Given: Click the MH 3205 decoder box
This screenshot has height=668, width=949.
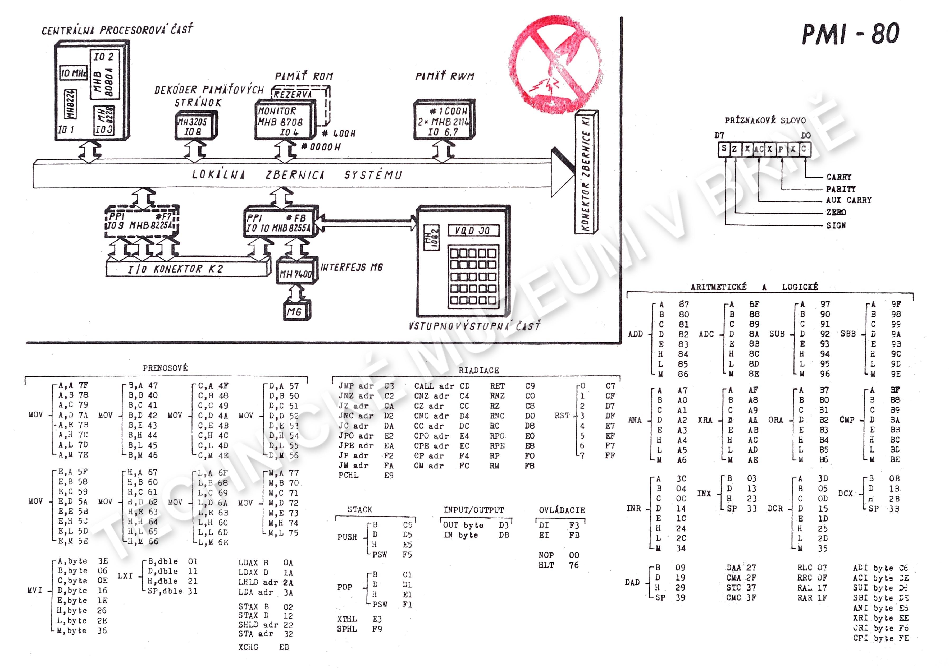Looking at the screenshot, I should [x=194, y=126].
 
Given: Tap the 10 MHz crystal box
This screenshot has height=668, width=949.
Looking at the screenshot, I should [x=74, y=73].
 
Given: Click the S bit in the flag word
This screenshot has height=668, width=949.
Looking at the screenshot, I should [x=723, y=149].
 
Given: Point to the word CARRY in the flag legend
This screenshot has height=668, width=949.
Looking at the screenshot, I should [x=839, y=177].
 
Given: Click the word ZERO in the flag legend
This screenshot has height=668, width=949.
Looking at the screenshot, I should [x=836, y=212].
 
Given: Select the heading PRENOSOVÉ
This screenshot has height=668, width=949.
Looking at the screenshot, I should [x=165, y=368].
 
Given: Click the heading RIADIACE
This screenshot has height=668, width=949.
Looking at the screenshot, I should [x=479, y=370].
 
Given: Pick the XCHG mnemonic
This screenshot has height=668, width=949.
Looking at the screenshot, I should [x=248, y=647].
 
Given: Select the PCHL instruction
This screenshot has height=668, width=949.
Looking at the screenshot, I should [x=348, y=475].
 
